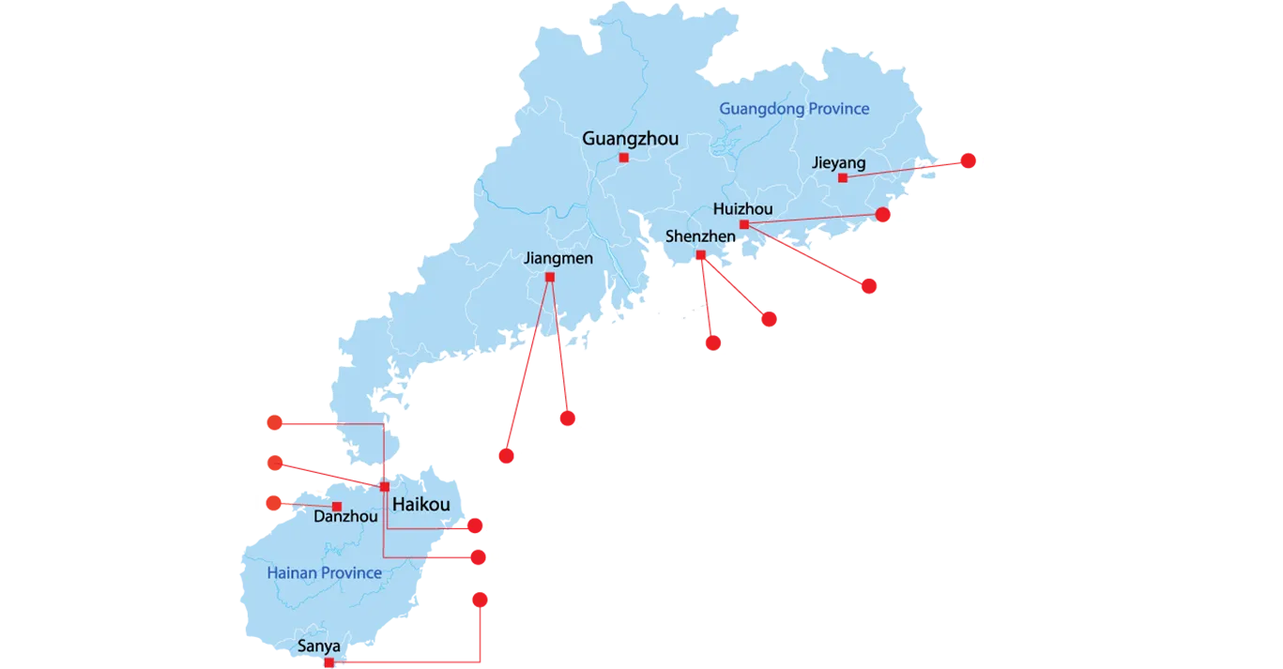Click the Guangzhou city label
pos(630,139)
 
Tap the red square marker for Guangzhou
pos(623,158)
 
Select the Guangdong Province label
pos(794,109)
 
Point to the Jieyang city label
pos(838,163)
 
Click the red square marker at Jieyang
pos(843,177)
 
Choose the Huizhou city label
pos(742,208)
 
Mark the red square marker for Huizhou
pos(743,224)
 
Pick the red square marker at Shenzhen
pos(701,255)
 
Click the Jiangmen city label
pos(558,258)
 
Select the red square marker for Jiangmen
pos(549,277)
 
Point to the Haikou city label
pos(421,505)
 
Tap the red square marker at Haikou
pos(385,486)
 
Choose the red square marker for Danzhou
pos(336,507)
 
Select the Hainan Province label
pos(324,572)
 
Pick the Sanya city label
pos(318,646)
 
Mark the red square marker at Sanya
pos(328,662)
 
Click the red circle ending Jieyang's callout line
pos(969,161)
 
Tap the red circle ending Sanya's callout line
pos(479,599)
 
